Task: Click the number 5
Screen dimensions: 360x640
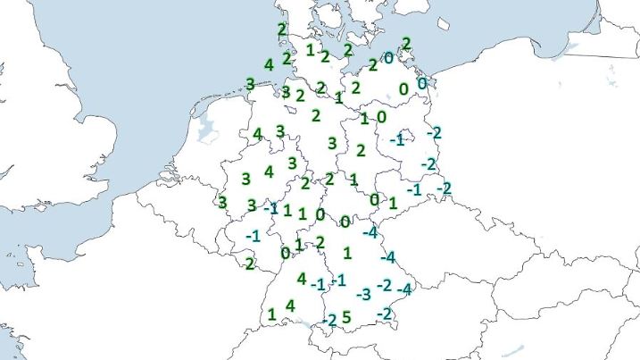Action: [347, 316]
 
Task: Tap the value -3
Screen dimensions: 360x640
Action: [363, 294]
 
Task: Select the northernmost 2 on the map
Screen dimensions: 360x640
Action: [282, 29]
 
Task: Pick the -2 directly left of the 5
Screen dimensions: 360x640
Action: [328, 319]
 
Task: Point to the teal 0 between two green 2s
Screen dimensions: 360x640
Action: [389, 57]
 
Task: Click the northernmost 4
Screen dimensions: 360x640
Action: [269, 64]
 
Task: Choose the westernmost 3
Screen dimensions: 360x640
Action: [222, 202]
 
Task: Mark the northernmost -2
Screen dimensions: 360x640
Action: [434, 133]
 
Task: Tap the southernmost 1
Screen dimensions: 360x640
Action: [271, 314]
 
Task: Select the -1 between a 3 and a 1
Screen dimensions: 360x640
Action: [270, 208]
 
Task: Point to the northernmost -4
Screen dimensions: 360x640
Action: [370, 233]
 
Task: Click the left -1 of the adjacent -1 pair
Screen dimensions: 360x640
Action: [319, 284]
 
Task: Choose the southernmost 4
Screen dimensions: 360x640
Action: [289, 306]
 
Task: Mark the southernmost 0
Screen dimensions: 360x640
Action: [285, 253]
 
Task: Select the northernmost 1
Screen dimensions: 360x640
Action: [310, 50]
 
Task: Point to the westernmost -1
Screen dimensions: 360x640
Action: [253, 236]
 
